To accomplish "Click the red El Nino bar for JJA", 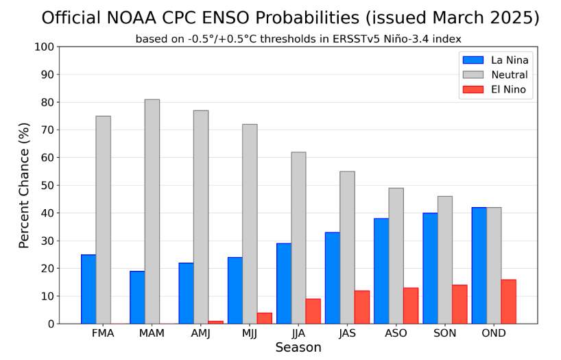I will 313,311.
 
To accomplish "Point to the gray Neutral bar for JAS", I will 347,248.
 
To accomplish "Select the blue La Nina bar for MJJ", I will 235,290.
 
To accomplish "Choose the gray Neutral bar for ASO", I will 396,256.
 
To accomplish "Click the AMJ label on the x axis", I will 200,333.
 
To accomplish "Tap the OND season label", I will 493,333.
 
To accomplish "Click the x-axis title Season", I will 298,348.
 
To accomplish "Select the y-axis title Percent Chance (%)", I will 24,185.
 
